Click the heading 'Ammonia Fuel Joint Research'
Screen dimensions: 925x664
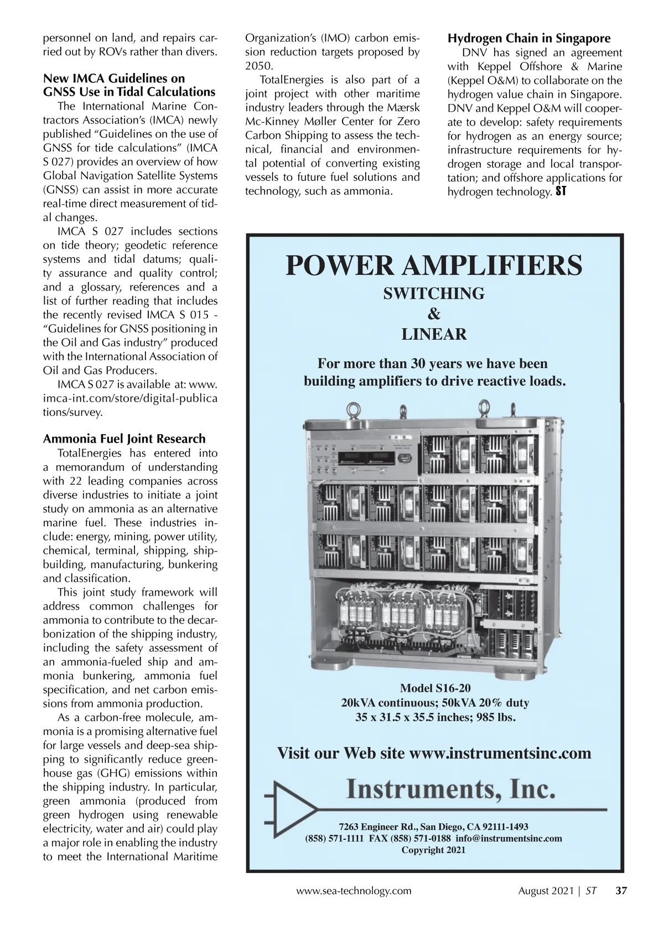tap(124, 439)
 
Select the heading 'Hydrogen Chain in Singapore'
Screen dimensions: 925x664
tap(529, 38)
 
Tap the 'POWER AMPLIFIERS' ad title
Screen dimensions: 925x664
tap(434, 265)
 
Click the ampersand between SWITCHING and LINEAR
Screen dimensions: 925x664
tap(434, 314)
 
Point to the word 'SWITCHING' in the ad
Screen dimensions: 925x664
tap(434, 293)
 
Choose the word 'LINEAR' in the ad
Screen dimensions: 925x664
tap(434, 334)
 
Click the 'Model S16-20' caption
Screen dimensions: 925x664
tap(435, 688)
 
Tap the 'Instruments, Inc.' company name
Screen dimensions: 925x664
tap(450, 789)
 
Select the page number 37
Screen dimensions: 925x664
tap(621, 891)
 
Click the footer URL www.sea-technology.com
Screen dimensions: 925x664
tap(354, 891)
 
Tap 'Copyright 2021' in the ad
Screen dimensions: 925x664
tap(433, 850)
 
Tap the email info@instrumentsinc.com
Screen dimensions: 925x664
tap(509, 838)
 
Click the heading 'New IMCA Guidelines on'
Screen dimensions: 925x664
tap(114, 79)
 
